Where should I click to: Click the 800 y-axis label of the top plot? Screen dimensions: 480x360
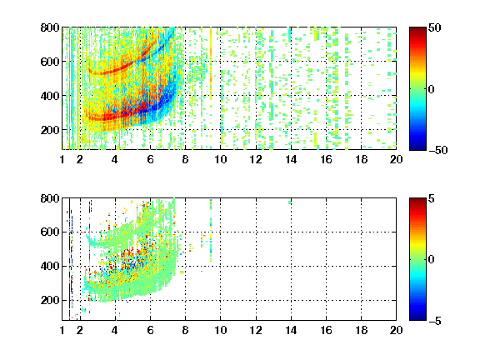tap(50, 27)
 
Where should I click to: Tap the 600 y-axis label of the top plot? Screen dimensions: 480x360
tap(50, 62)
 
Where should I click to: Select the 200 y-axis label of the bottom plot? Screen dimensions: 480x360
tap(50, 300)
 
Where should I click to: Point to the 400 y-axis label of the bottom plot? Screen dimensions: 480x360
tap(50, 266)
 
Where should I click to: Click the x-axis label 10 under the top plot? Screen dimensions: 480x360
tap(220, 159)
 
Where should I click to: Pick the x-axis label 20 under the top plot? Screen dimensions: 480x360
tap(396, 159)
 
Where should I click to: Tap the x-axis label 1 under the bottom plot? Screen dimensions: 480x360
tap(62, 330)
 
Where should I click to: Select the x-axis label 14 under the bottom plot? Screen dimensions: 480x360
tap(291, 330)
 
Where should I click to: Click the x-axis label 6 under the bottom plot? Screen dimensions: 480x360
tap(150, 330)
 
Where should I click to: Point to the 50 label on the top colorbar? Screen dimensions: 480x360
tap(435, 27)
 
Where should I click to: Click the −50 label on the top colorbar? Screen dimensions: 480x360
tap(438, 150)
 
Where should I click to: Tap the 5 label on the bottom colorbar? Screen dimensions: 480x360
tap(432, 198)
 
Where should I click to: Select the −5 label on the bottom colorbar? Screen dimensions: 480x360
tap(435, 321)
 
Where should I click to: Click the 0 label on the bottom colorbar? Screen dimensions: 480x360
tap(432, 260)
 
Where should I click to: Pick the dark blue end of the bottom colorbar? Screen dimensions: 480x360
tap(417, 318)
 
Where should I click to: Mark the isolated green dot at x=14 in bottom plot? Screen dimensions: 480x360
tap(290, 202)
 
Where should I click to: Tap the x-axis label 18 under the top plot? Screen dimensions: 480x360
tap(361, 159)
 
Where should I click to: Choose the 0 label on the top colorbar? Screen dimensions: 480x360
tap(432, 89)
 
